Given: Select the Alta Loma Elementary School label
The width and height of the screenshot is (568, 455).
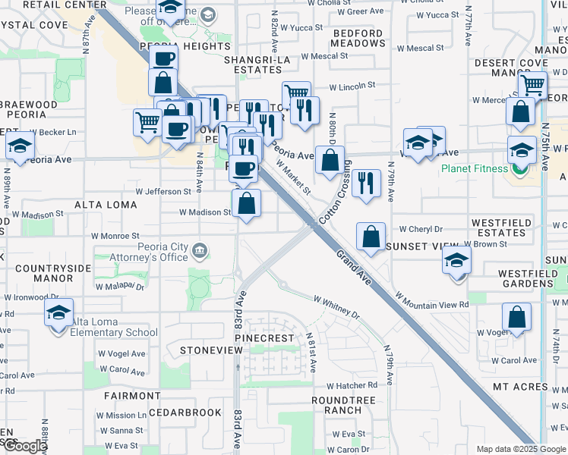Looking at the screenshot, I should (x=115, y=327).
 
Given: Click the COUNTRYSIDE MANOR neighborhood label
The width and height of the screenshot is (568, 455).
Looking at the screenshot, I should (x=43, y=273).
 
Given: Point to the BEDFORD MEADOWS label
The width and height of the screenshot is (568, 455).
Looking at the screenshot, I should (x=358, y=38).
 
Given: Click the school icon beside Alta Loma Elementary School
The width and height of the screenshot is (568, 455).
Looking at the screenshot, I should (x=58, y=312).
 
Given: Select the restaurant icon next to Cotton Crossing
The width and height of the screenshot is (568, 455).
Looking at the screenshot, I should (x=367, y=183).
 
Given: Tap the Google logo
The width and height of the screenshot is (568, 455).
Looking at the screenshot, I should (x=24, y=447).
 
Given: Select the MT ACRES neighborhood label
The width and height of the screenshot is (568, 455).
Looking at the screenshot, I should (x=520, y=387).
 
